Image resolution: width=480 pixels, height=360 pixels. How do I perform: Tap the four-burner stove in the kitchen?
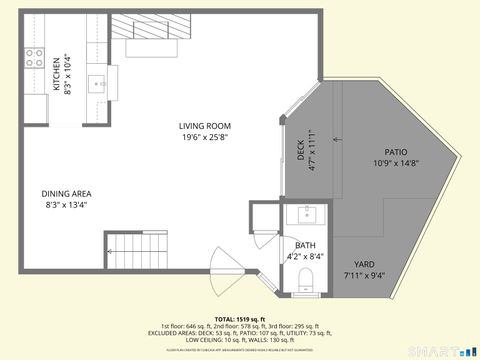click(x=35, y=56)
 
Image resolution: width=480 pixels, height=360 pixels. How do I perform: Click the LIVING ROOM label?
click(x=204, y=126)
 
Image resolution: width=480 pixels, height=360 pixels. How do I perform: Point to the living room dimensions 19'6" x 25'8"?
click(x=204, y=137)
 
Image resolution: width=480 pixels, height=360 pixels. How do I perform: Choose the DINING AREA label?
click(x=67, y=194)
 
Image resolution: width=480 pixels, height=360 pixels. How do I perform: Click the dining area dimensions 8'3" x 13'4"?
click(x=67, y=206)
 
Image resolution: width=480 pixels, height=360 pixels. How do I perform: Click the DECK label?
click(x=301, y=150)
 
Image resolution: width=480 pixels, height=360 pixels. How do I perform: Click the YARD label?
click(x=364, y=264)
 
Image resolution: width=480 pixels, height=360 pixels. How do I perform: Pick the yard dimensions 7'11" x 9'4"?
click(x=364, y=275)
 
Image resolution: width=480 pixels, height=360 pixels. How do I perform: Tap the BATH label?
click(x=305, y=245)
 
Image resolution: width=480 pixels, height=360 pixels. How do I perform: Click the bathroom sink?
click(x=305, y=214)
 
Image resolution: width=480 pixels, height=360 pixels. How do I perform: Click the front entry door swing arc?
click(x=222, y=280)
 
